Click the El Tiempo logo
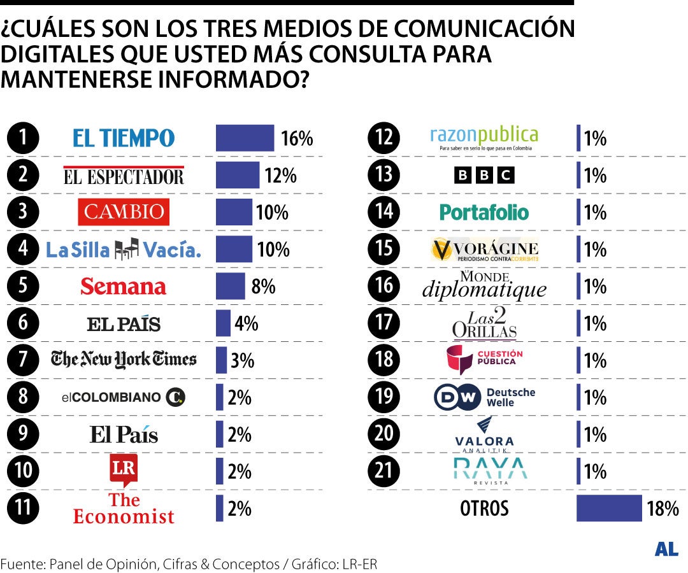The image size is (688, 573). click(x=123, y=138)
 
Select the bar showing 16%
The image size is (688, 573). click(x=245, y=138)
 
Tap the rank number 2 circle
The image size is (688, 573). click(x=23, y=175)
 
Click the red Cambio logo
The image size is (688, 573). click(x=124, y=212)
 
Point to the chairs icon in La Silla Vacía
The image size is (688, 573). click(x=126, y=250)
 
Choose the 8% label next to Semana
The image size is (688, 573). click(x=263, y=286)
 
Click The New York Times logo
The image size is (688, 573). click(x=124, y=360)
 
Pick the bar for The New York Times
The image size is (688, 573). click(x=221, y=360)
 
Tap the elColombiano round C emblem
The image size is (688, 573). click(x=175, y=398)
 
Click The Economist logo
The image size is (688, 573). click(x=124, y=508)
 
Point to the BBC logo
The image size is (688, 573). click(x=484, y=175)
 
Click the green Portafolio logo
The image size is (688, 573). click(x=484, y=212)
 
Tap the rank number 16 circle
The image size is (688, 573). click(x=384, y=286)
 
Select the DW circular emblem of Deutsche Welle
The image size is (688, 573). click(x=457, y=398)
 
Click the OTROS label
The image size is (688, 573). click(x=484, y=509)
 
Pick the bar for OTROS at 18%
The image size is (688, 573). click(x=609, y=508)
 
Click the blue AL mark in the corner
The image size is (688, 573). click(x=666, y=550)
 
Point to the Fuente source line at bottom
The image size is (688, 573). click(x=189, y=564)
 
